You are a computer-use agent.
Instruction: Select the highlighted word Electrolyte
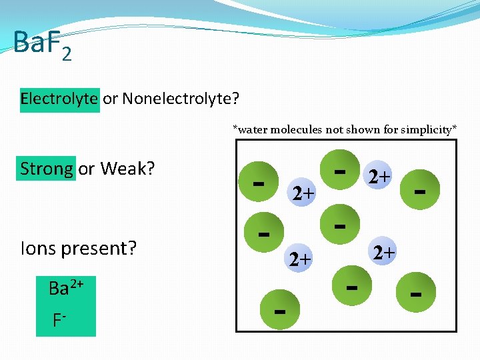pos(59,99)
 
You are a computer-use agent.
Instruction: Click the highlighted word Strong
pos(47,169)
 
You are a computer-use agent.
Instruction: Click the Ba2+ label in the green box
pos(65,289)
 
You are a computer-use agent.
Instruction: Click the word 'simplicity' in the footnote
pos(426,129)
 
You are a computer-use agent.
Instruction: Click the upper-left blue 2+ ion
pos(303,193)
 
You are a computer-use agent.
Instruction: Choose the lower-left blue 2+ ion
pos(300,259)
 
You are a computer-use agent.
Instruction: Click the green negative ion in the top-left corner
pos(260,182)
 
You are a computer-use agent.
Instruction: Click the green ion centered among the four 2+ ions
pos(340,225)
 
